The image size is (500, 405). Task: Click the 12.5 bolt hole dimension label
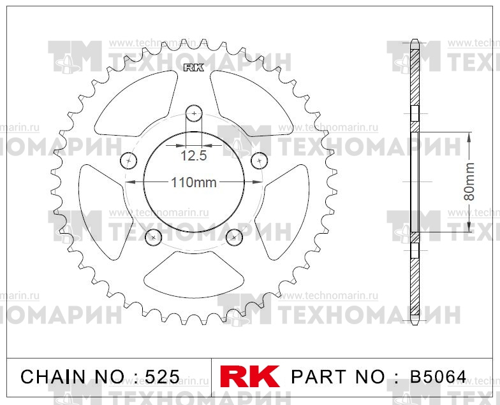click(x=194, y=155)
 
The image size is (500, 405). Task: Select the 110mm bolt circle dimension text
click(x=194, y=182)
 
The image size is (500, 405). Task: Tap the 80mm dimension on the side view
click(x=469, y=181)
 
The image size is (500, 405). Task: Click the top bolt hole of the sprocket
click(x=194, y=113)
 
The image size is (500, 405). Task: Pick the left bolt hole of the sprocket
click(x=129, y=160)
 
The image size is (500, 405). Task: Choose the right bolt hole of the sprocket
click(x=260, y=160)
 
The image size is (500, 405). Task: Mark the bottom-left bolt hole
click(x=153, y=237)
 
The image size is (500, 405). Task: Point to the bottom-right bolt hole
click(x=235, y=237)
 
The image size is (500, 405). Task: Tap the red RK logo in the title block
click(x=250, y=376)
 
